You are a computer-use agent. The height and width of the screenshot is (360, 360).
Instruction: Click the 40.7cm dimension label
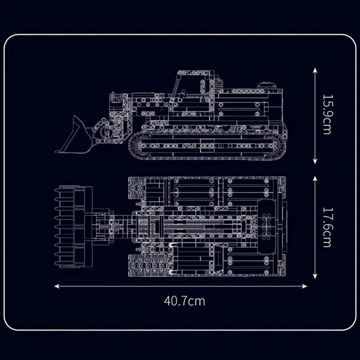click(184, 301)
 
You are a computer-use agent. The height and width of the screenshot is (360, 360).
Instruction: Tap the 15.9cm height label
click(327, 114)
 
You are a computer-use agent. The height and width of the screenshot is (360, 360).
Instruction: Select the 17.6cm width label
click(327, 227)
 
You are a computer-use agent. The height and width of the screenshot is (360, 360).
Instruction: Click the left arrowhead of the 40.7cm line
click(57, 286)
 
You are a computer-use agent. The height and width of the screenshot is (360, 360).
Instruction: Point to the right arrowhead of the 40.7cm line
click(305, 286)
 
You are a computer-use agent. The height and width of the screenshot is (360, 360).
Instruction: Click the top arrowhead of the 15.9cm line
click(315, 71)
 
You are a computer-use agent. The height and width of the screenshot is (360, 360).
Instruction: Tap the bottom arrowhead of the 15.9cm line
click(315, 162)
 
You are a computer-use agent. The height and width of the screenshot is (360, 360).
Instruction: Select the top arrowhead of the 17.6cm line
click(315, 179)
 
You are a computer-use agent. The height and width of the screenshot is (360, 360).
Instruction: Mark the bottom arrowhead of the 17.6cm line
click(315, 276)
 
